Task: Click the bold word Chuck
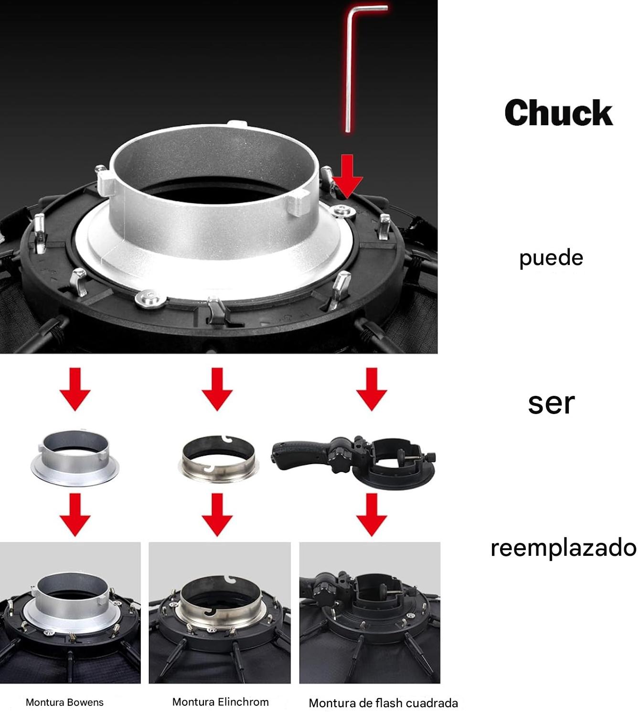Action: coord(558,113)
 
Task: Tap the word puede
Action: coord(551,257)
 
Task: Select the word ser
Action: coord(551,404)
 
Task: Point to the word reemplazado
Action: coord(563,548)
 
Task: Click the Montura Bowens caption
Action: coord(64,702)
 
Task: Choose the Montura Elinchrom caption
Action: coord(221,701)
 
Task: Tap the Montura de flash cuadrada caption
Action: coord(383,703)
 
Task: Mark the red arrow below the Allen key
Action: coord(347,176)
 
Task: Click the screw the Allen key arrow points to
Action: coord(342,211)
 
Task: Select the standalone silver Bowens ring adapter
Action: coord(75,458)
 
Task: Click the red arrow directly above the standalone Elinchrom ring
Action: coord(217,389)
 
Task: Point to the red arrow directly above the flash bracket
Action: coord(372,389)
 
